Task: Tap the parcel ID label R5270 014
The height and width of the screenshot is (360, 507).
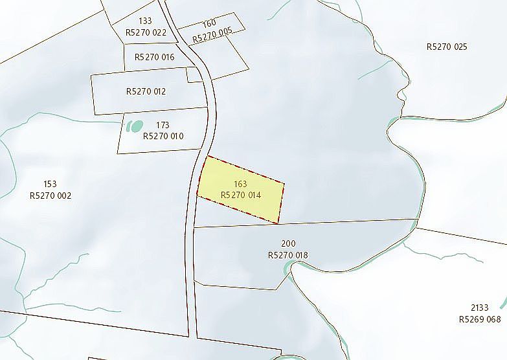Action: (x=240, y=194)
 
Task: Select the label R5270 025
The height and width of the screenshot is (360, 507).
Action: (x=447, y=47)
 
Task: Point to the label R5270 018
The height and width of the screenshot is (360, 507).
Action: (x=288, y=255)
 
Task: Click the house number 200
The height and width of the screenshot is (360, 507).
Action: (x=288, y=244)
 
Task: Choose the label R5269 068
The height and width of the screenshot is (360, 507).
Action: (x=480, y=319)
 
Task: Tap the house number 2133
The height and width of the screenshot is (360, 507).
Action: (x=480, y=308)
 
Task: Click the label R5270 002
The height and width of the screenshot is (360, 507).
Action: (x=51, y=195)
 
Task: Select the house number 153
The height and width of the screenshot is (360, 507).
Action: (x=51, y=184)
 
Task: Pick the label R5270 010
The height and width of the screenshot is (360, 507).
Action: (x=163, y=136)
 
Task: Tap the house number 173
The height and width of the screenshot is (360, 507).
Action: (x=163, y=125)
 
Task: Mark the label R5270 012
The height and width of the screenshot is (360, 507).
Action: (x=146, y=91)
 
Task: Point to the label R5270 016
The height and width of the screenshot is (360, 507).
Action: (x=155, y=57)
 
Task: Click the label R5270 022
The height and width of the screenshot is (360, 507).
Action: (x=146, y=32)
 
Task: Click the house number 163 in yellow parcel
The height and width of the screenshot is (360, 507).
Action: (x=240, y=184)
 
